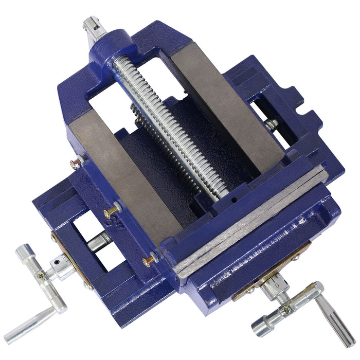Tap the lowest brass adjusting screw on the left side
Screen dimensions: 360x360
pos(148,260)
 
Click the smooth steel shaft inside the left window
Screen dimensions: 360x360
pos(98,241)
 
